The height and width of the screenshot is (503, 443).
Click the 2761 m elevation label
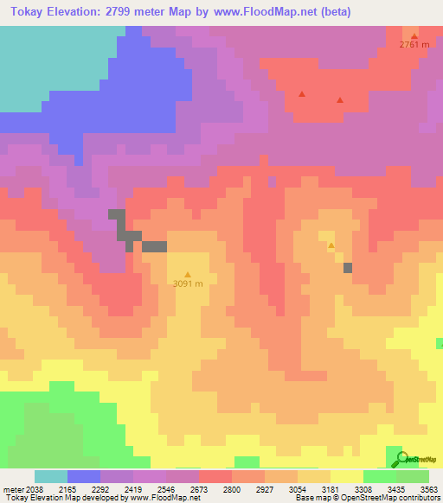coord(414,45)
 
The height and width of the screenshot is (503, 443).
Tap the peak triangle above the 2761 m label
coord(414,35)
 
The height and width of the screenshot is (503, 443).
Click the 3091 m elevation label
coord(188,283)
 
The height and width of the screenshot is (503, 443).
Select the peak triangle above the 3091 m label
coord(188,274)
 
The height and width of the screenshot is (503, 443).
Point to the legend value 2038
coord(32,488)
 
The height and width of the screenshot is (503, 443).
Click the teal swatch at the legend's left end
coord(51,476)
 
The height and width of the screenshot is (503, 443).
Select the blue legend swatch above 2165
coord(84,476)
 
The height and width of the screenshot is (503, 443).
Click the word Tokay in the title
coord(27,11)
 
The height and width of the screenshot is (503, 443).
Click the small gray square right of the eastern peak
coord(348,268)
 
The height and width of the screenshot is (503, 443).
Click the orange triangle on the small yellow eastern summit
coord(331,246)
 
